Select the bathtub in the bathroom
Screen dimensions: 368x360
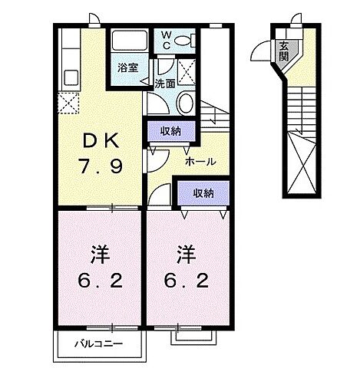pos(127,42)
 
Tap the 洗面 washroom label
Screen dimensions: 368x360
pos(163,84)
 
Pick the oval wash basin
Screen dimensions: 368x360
pos(185,103)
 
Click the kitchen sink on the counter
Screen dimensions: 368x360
pos(71,77)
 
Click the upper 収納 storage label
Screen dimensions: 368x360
pos(170,130)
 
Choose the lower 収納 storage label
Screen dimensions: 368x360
pos(203,193)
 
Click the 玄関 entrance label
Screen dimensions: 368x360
pos(284,51)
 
